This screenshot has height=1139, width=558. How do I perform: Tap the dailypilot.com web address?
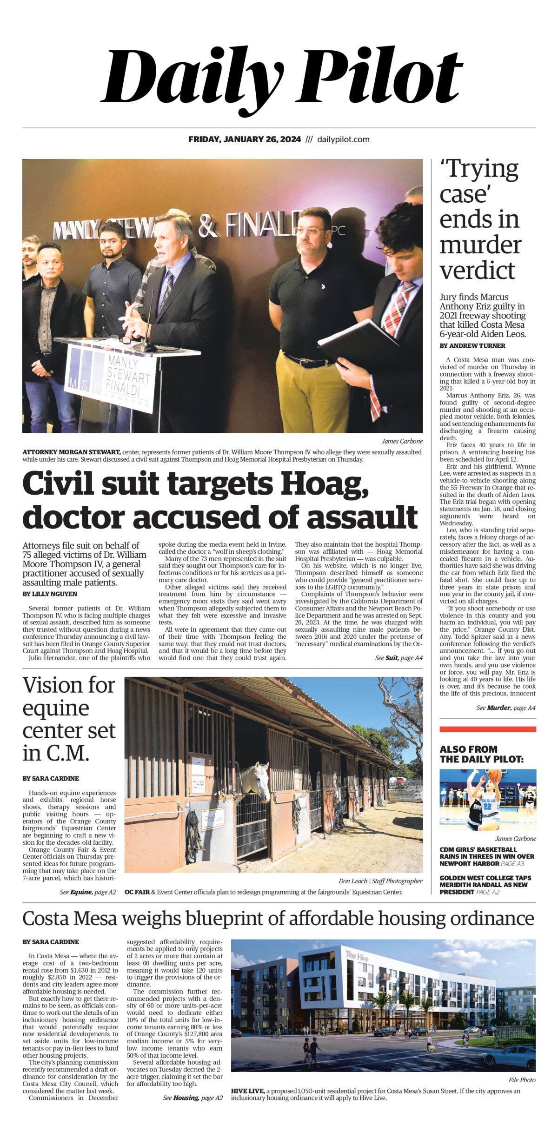tap(343, 139)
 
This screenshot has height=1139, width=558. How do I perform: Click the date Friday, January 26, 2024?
tap(245, 139)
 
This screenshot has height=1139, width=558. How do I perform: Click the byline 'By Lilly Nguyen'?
tap(50, 594)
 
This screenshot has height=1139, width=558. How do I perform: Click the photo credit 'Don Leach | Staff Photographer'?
tap(381, 881)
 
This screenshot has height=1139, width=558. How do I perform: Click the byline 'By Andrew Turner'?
tap(472, 346)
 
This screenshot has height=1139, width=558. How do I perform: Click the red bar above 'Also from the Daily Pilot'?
tap(487, 729)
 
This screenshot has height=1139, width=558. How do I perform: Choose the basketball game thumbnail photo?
tap(487, 800)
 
